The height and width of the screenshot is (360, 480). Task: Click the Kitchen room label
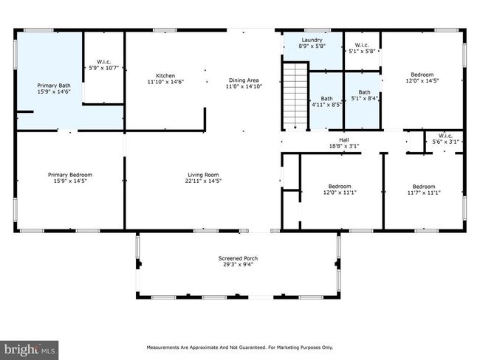pyautogui.click(x=165, y=75)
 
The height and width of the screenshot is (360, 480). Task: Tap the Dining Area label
pyautogui.click(x=244, y=80)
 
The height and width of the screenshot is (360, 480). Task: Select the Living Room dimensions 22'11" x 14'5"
pyautogui.click(x=203, y=181)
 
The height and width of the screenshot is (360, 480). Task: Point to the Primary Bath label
pyautogui.click(x=54, y=86)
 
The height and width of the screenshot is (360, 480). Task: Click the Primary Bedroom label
pyautogui.click(x=70, y=175)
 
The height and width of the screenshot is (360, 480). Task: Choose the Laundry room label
pyautogui.click(x=312, y=40)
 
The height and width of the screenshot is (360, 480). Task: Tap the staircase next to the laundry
pyautogui.click(x=295, y=96)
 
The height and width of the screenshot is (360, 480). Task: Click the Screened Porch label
pyautogui.click(x=239, y=258)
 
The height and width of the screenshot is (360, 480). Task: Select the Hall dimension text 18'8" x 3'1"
pyautogui.click(x=344, y=146)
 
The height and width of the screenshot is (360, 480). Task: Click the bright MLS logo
pyautogui.click(x=29, y=350)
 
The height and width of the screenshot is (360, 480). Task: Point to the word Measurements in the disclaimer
pyautogui.click(x=162, y=347)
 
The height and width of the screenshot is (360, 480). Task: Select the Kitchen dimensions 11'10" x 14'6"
pyautogui.click(x=165, y=82)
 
